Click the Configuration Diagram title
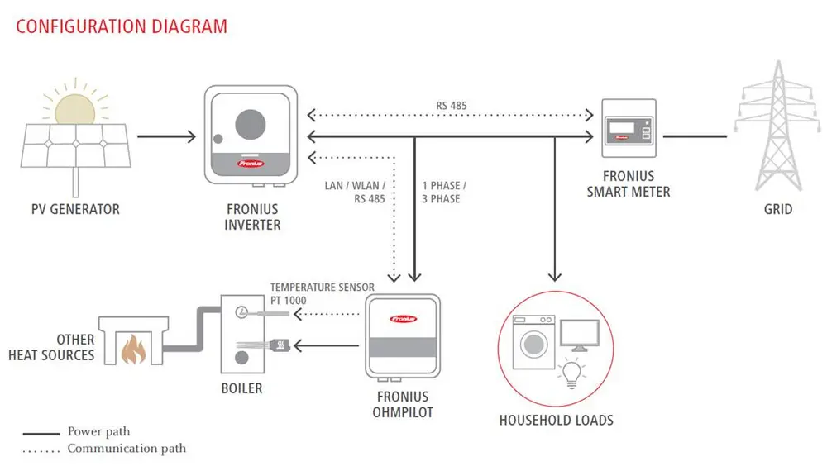(x=122, y=26)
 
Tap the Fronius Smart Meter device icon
(x=628, y=128)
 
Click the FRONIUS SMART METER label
(x=629, y=183)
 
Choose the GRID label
(x=777, y=209)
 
